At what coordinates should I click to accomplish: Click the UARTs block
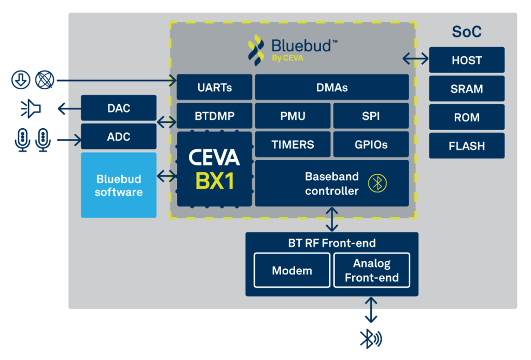tap(214, 87)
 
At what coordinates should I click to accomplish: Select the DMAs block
tap(332, 87)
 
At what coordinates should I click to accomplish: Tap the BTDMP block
tap(214, 116)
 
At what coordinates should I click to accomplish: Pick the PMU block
tap(292, 116)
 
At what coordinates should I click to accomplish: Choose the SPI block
tap(371, 116)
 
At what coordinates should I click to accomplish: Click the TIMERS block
tap(292, 144)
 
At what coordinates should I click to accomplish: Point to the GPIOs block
tap(371, 144)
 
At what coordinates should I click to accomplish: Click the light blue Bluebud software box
tap(119, 185)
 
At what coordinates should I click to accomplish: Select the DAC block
tap(119, 108)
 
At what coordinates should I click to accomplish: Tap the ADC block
tap(119, 136)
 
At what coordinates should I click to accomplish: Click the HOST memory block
tap(467, 60)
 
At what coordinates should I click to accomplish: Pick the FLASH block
tap(467, 146)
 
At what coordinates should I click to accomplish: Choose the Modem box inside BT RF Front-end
tap(292, 270)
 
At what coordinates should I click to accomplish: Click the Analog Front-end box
tap(372, 270)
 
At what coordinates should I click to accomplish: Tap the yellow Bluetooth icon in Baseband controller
tap(378, 183)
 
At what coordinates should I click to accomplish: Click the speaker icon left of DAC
tap(31, 109)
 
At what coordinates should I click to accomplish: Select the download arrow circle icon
tap(21, 80)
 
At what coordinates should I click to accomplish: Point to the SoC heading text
tap(467, 32)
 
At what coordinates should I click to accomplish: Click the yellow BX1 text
tap(215, 181)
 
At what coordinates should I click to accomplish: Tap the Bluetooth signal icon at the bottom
tap(371, 339)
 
